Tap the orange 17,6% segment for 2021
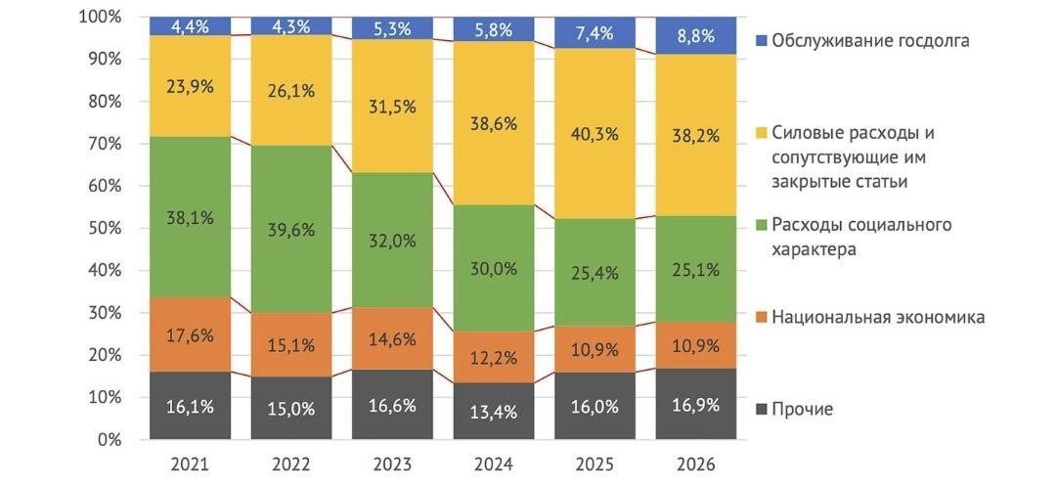point(190,334)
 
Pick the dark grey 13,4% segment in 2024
point(493,411)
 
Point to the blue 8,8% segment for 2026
point(695,36)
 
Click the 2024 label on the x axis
point(493,464)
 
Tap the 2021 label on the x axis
point(190,464)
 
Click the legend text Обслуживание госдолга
point(870,41)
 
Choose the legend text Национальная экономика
point(878,317)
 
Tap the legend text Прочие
point(802,409)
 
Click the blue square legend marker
point(761,41)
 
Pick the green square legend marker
point(761,226)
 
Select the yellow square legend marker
point(761,133)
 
